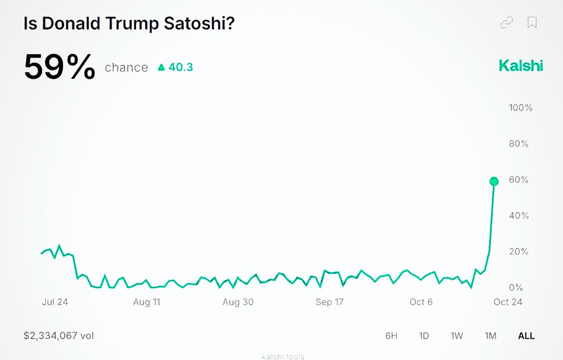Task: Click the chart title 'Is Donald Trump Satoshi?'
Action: (129, 24)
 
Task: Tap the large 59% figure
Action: (60, 67)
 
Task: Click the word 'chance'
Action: (126, 67)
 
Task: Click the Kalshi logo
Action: (521, 66)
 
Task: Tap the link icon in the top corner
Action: (506, 22)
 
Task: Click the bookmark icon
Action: (532, 22)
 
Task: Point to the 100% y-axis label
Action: (520, 107)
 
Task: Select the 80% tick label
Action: (519, 143)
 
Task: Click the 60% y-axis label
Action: (519, 179)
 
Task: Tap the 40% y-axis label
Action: (519, 215)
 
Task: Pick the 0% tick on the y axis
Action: (516, 287)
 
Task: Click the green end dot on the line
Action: (494, 182)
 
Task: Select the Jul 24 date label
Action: (55, 302)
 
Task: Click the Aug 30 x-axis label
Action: (238, 302)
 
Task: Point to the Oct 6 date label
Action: (421, 302)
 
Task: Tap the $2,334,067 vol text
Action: (59, 335)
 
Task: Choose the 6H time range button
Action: (391, 335)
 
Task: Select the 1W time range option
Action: (457, 335)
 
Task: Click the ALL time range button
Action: (526, 335)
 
